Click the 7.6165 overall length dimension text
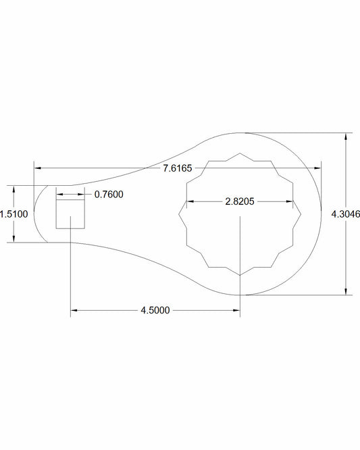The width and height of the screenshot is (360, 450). point(178,168)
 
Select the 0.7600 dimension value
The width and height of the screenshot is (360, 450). point(109,195)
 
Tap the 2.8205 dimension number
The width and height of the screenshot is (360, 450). point(240,201)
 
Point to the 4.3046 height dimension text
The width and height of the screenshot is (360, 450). point(345,214)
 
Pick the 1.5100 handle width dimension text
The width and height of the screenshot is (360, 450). point(14,214)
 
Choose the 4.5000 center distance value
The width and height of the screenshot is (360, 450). point(155,310)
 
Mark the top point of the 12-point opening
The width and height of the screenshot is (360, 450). point(240,153)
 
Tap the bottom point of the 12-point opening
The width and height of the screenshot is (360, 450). point(240,275)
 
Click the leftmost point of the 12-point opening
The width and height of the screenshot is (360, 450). point(179,214)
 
